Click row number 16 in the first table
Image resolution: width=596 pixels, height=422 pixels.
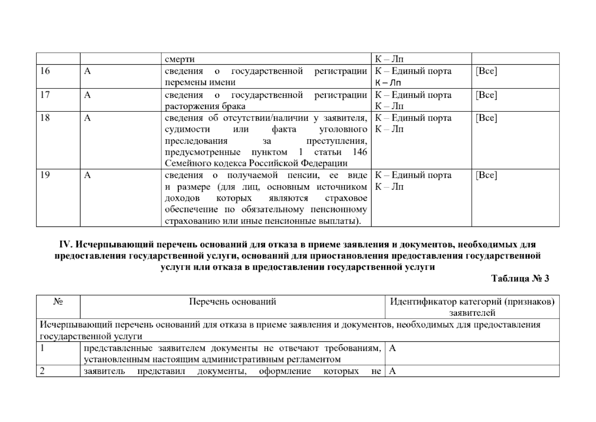[x=45, y=71]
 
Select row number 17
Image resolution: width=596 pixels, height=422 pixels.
[x=45, y=95]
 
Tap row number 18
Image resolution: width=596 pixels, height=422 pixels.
[x=45, y=118]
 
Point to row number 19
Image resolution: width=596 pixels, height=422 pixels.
[x=45, y=175]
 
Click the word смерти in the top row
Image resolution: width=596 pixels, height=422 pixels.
[x=180, y=59]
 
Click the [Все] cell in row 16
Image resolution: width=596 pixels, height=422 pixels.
[x=486, y=71]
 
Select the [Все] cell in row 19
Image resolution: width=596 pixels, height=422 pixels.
[x=486, y=175]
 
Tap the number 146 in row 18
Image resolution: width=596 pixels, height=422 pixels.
[x=359, y=152]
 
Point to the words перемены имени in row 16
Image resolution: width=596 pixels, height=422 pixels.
[x=200, y=83]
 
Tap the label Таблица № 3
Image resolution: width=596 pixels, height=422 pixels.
[x=520, y=279]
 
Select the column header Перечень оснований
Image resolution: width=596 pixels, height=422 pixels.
[x=233, y=302]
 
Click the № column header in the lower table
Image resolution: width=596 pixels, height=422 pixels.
[x=58, y=302]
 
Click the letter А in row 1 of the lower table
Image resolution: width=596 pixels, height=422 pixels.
[x=393, y=348]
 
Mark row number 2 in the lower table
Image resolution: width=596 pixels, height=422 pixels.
[x=42, y=371]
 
